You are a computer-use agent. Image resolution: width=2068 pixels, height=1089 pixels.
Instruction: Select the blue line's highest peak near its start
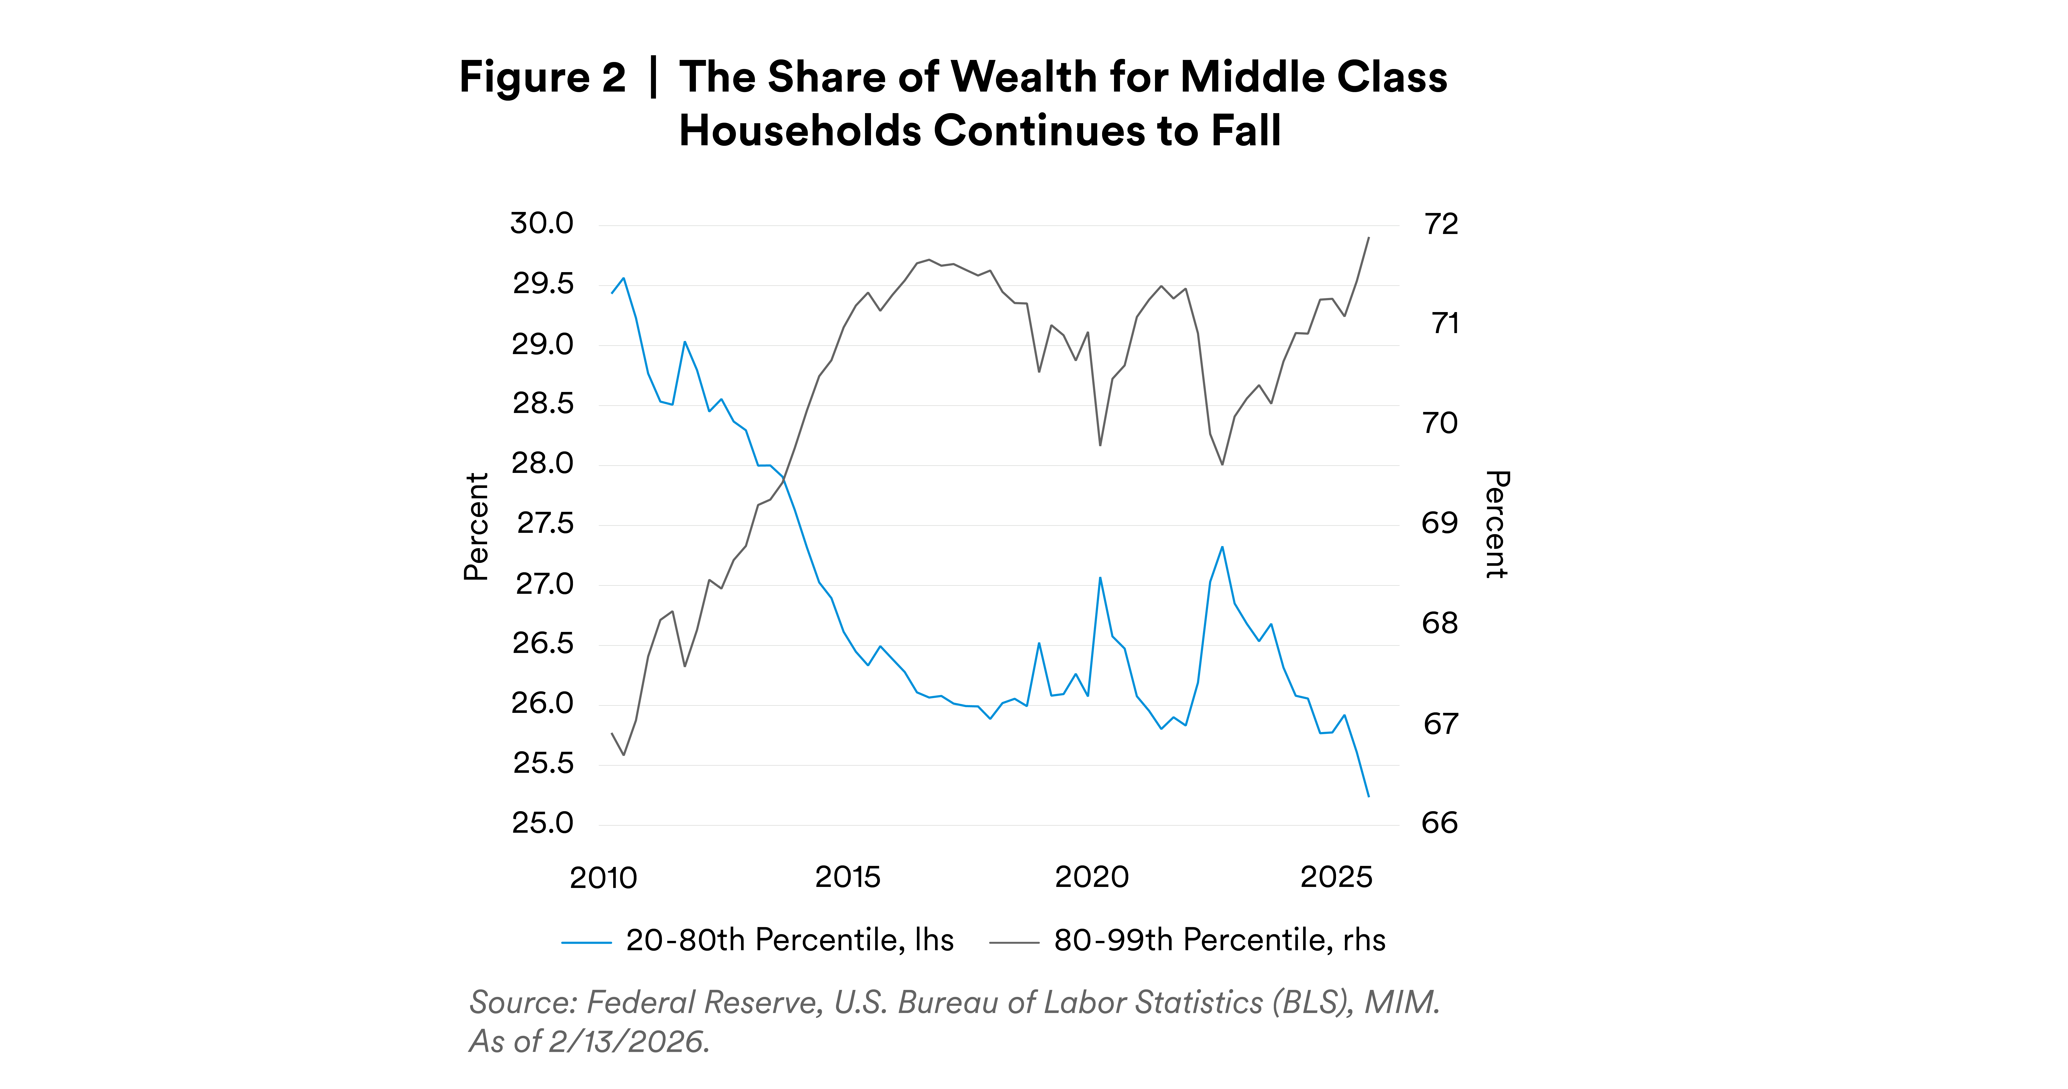pyautogui.click(x=624, y=279)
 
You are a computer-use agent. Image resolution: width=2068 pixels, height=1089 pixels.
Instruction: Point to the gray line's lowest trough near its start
pyautogui.click(x=624, y=754)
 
